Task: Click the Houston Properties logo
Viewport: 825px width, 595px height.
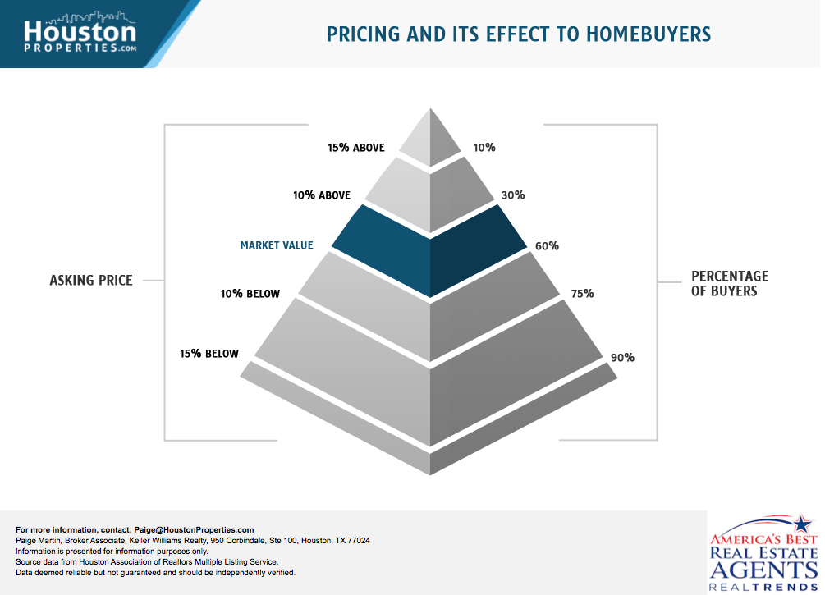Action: tap(80, 33)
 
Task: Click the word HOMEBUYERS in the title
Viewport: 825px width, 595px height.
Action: tap(649, 34)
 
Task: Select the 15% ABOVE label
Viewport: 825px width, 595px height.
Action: tap(356, 148)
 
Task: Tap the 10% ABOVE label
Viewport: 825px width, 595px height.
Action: tap(322, 195)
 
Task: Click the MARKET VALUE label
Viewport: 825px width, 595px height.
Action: tap(277, 245)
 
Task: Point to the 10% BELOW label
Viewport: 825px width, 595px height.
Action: tap(250, 294)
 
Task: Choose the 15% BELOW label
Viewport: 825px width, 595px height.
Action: tap(209, 354)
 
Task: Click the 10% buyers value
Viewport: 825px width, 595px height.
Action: tap(484, 148)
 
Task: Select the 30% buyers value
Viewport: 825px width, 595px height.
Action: tap(513, 195)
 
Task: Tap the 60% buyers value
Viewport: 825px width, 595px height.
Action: tap(547, 245)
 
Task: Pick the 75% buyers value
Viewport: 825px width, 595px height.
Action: tap(582, 294)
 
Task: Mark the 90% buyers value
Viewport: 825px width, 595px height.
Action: tap(622, 358)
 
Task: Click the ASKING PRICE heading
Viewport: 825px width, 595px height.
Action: tap(91, 281)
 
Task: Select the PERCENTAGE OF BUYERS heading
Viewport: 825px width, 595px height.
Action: tap(730, 284)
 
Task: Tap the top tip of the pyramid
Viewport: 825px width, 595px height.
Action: tap(430, 108)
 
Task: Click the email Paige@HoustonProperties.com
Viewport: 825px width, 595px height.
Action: tap(195, 530)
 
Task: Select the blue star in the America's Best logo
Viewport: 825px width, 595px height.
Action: tap(802, 524)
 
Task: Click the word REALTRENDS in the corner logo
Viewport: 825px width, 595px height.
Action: tap(763, 587)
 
